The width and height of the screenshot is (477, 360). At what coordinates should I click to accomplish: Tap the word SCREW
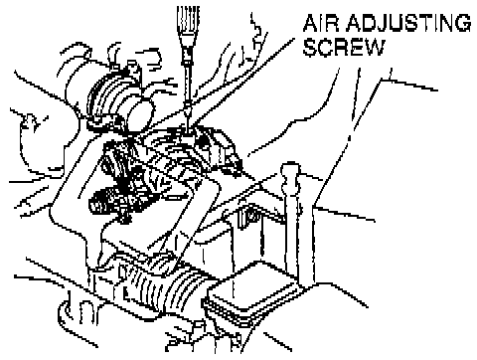pyautogui.click(x=344, y=48)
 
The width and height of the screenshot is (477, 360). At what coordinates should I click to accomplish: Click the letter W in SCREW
pyautogui.click(x=374, y=48)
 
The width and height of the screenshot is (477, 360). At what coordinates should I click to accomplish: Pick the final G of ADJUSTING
pyautogui.click(x=463, y=24)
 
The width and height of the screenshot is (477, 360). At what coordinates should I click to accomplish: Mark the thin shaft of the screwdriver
pyautogui.click(x=188, y=88)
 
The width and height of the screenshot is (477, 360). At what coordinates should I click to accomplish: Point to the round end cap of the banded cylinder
pyautogui.click(x=142, y=111)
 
